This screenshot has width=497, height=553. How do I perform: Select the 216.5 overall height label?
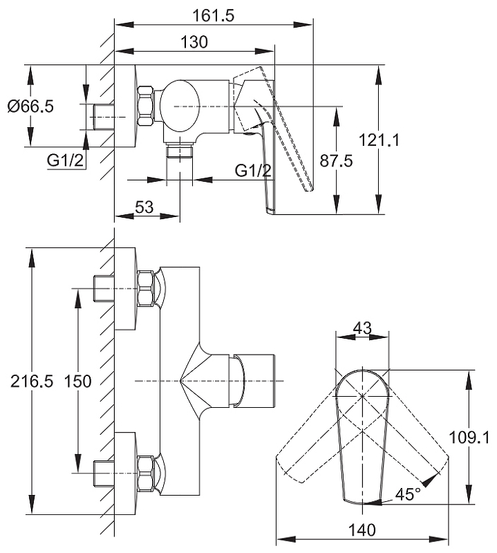tap(28, 381)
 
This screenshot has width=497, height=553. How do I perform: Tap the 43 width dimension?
tap(362, 327)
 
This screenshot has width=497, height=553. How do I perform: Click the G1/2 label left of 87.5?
tap(253, 171)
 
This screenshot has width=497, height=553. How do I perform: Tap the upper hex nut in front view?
tap(146, 288)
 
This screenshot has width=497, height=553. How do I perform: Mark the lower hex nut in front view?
tap(146, 473)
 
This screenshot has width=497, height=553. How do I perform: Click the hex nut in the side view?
tap(146, 106)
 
